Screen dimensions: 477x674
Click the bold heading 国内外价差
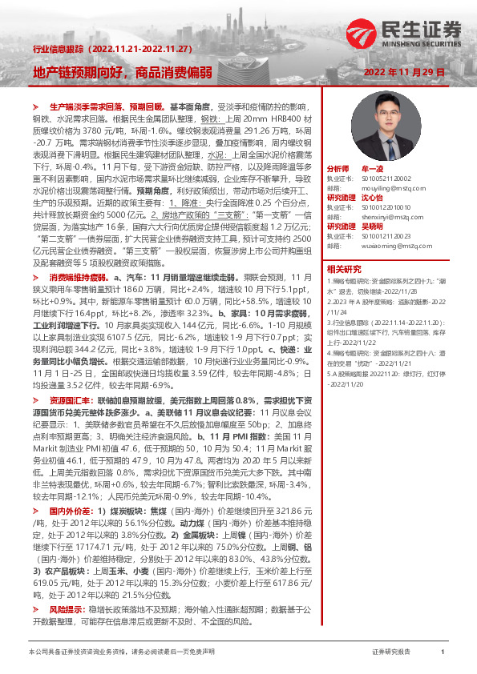point(70,510)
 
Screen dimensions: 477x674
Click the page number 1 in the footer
point(443,652)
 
